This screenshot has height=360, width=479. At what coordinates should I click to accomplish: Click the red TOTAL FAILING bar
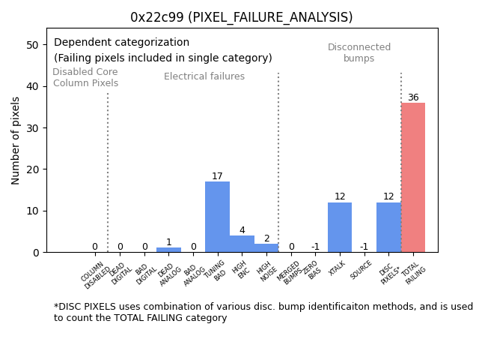tap(412, 178)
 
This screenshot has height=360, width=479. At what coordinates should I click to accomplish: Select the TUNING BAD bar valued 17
tap(217, 217)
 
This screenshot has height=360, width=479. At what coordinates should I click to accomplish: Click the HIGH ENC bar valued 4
tap(242, 244)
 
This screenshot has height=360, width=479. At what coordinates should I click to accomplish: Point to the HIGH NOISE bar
tap(266, 248)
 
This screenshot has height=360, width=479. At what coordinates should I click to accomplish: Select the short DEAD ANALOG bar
tap(168, 250)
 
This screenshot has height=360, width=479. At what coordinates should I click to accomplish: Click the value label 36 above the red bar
tap(413, 97)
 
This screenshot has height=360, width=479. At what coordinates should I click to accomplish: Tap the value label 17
tap(217, 176)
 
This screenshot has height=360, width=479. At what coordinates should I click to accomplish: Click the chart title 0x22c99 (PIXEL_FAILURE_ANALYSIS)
tap(241, 17)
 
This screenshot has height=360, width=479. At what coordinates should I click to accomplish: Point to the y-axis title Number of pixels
tap(16, 140)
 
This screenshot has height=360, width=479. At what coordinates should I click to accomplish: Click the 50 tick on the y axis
tap(33, 45)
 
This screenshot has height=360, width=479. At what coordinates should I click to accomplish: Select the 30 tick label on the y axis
tap(33, 128)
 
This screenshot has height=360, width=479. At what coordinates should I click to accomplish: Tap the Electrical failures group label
tap(204, 76)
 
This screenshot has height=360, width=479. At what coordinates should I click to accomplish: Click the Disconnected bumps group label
tap(359, 53)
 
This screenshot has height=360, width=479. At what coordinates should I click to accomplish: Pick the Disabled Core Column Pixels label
tap(85, 77)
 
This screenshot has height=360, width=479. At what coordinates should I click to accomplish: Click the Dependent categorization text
tap(121, 43)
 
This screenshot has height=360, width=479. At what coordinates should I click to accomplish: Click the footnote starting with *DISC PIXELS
tap(263, 312)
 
